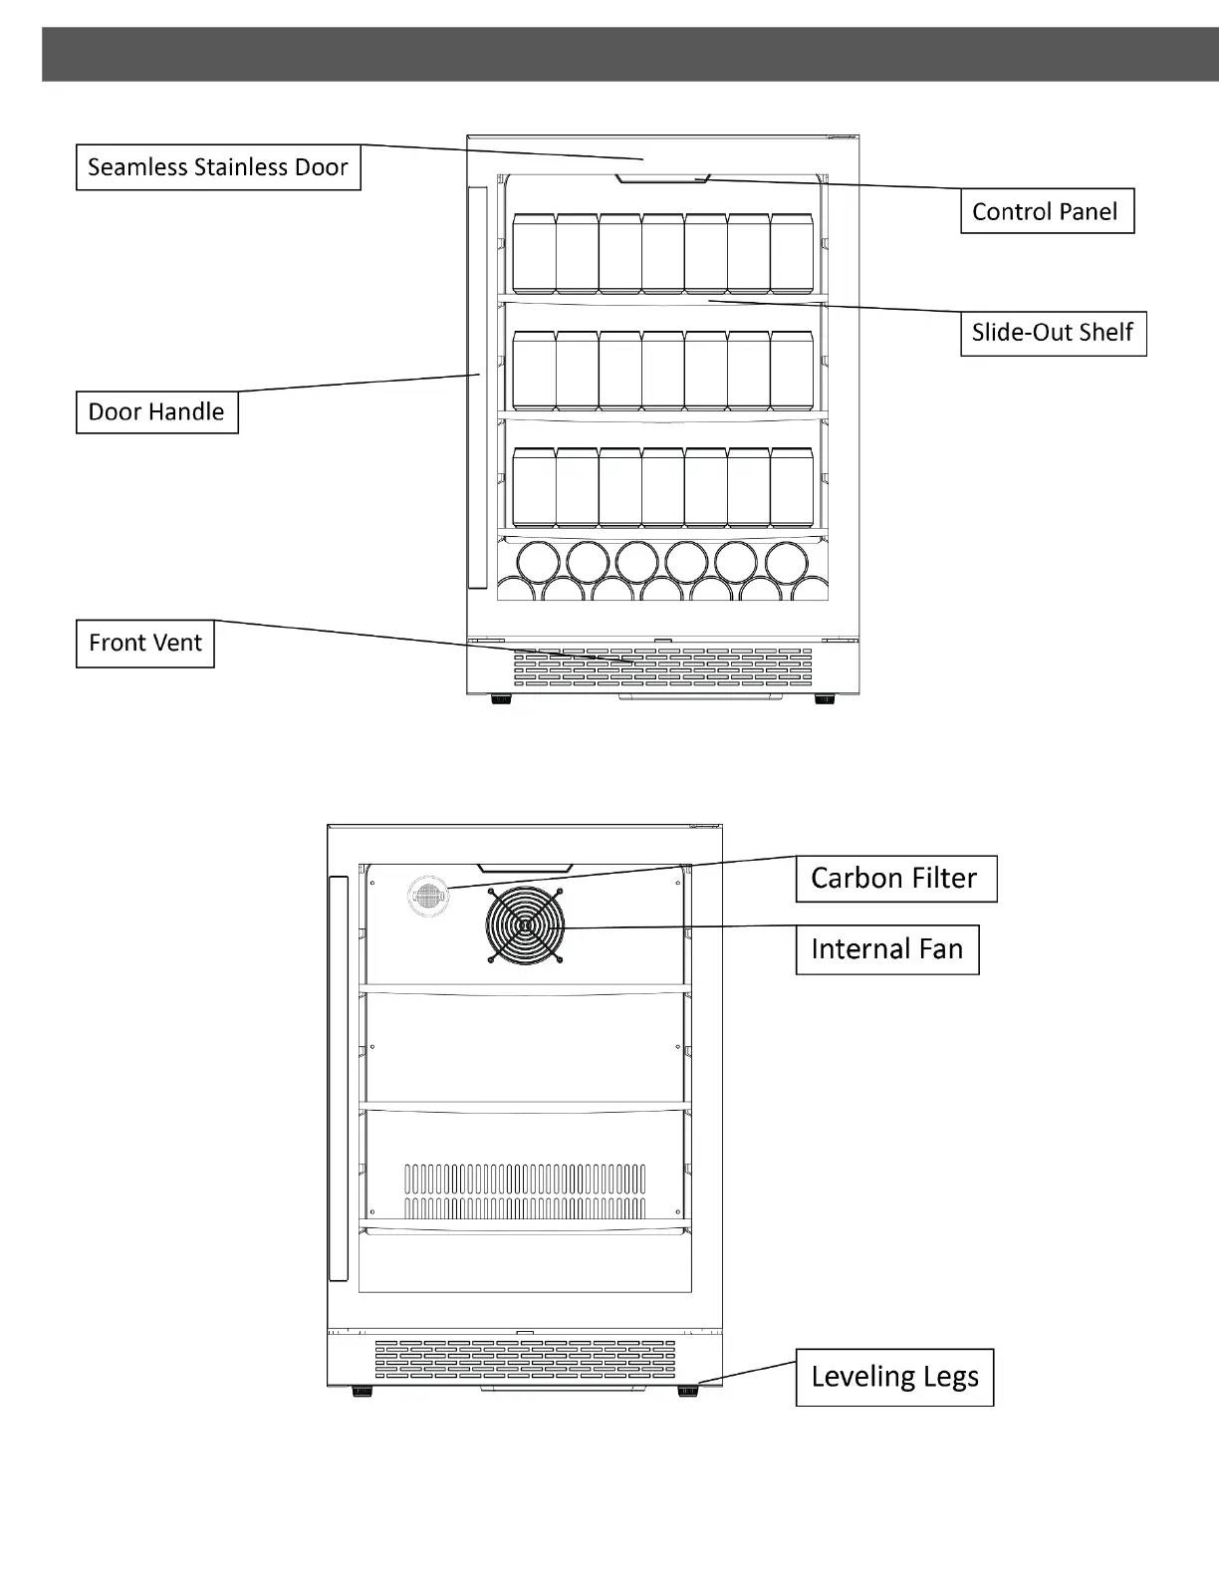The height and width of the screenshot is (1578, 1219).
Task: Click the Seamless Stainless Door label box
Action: pyautogui.click(x=218, y=167)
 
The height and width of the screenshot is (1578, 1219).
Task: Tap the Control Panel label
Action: pyautogui.click(x=1047, y=211)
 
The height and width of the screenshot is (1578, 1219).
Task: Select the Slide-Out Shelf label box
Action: pyautogui.click(x=1053, y=333)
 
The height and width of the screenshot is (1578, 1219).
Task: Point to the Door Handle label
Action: pyautogui.click(x=157, y=412)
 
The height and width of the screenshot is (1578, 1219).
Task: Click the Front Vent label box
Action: pyautogui.click(x=145, y=644)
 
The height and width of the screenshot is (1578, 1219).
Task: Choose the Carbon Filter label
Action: pyautogui.click(x=895, y=879)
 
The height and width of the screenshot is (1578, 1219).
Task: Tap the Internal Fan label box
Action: pyautogui.click(x=887, y=949)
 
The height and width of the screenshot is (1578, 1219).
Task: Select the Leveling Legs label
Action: pyautogui.click(x=894, y=1377)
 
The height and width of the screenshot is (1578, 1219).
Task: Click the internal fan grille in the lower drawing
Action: pyautogui.click(x=525, y=924)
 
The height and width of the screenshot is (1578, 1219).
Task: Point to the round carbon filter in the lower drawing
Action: pyautogui.click(x=428, y=897)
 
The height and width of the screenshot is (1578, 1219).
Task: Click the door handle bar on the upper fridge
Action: pyautogui.click(x=478, y=388)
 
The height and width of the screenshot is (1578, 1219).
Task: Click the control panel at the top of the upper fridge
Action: pyautogui.click(x=662, y=179)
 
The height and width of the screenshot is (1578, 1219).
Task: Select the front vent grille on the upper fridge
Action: pyautogui.click(x=662, y=667)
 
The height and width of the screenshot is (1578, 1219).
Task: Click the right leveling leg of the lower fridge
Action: pyautogui.click(x=687, y=1391)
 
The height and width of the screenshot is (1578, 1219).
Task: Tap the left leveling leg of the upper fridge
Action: pyautogui.click(x=501, y=699)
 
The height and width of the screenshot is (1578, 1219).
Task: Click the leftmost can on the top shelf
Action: pyautogui.click(x=534, y=253)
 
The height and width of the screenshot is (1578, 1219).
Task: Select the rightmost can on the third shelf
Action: pyautogui.click(x=792, y=487)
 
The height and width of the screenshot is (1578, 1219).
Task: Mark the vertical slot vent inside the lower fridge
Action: pyautogui.click(x=525, y=1191)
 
